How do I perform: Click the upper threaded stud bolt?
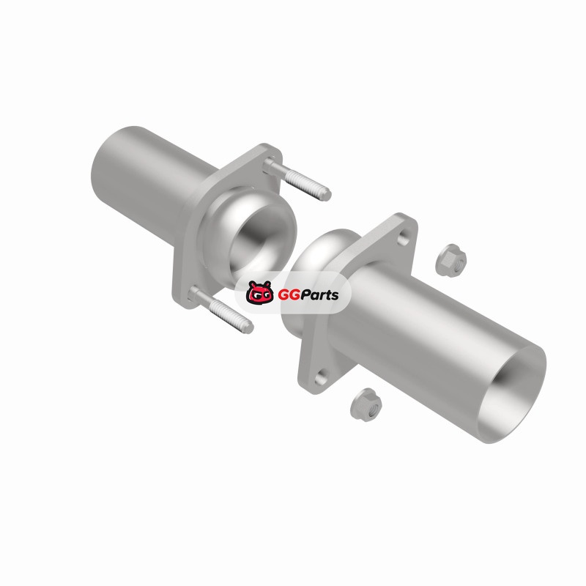(297, 179)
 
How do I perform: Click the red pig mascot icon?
(260, 292)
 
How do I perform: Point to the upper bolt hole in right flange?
(403, 237)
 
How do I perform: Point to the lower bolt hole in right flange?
(321, 379)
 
